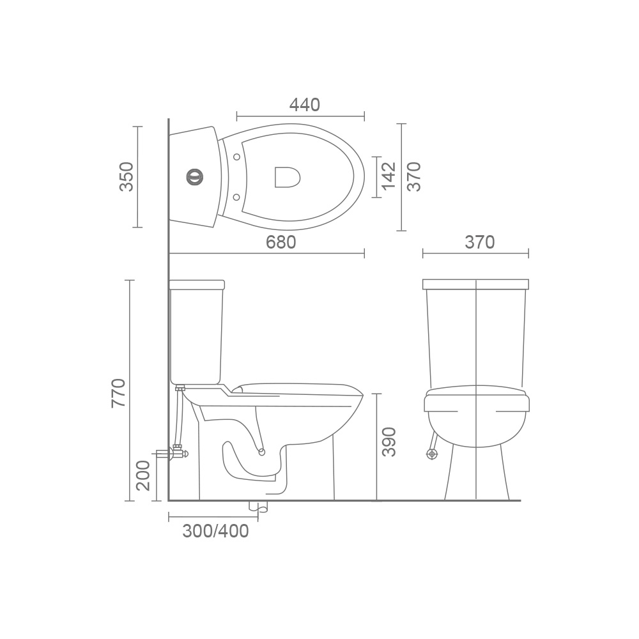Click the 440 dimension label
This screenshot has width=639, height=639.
click(304, 105)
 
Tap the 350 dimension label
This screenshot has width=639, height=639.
click(127, 176)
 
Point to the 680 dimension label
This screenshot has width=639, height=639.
click(281, 242)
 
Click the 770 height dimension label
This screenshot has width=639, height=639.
click(119, 393)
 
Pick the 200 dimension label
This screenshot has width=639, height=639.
click(143, 475)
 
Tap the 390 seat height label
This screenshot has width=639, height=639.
click(389, 442)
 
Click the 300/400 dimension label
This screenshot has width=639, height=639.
click(215, 531)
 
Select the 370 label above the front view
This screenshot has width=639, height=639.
click(480, 242)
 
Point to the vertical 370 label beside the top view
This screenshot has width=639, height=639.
click(413, 176)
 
